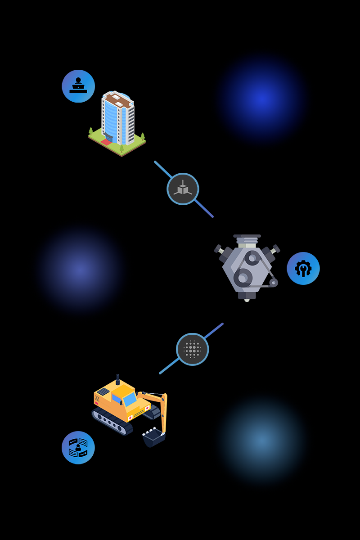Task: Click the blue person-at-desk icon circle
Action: pos(78,86)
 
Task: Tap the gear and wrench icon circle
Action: pos(303,268)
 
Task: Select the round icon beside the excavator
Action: pos(78,447)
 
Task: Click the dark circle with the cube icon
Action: pos(183,189)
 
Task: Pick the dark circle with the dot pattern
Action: pos(193,349)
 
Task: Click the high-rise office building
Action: pos(117,121)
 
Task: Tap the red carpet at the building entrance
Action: pos(106,142)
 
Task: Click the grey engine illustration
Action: pos(247,268)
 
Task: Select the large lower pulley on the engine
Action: pos(243,278)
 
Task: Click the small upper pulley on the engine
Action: pos(252,258)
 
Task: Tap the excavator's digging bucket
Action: pos(154,436)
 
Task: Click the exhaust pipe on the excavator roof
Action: pos(118,379)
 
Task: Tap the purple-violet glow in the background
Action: pos(80,269)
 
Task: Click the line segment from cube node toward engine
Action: pos(204,209)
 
